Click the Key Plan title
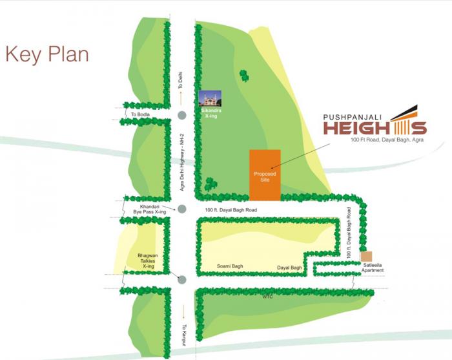[46, 54]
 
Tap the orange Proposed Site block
[265, 175]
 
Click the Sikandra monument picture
[211, 99]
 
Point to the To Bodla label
[140, 114]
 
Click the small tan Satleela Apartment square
[367, 256]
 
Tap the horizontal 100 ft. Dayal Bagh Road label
[231, 211]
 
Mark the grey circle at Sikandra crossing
[182, 116]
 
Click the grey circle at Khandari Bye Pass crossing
[182, 209]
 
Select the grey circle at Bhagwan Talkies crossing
[182, 279]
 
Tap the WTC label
[269, 297]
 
